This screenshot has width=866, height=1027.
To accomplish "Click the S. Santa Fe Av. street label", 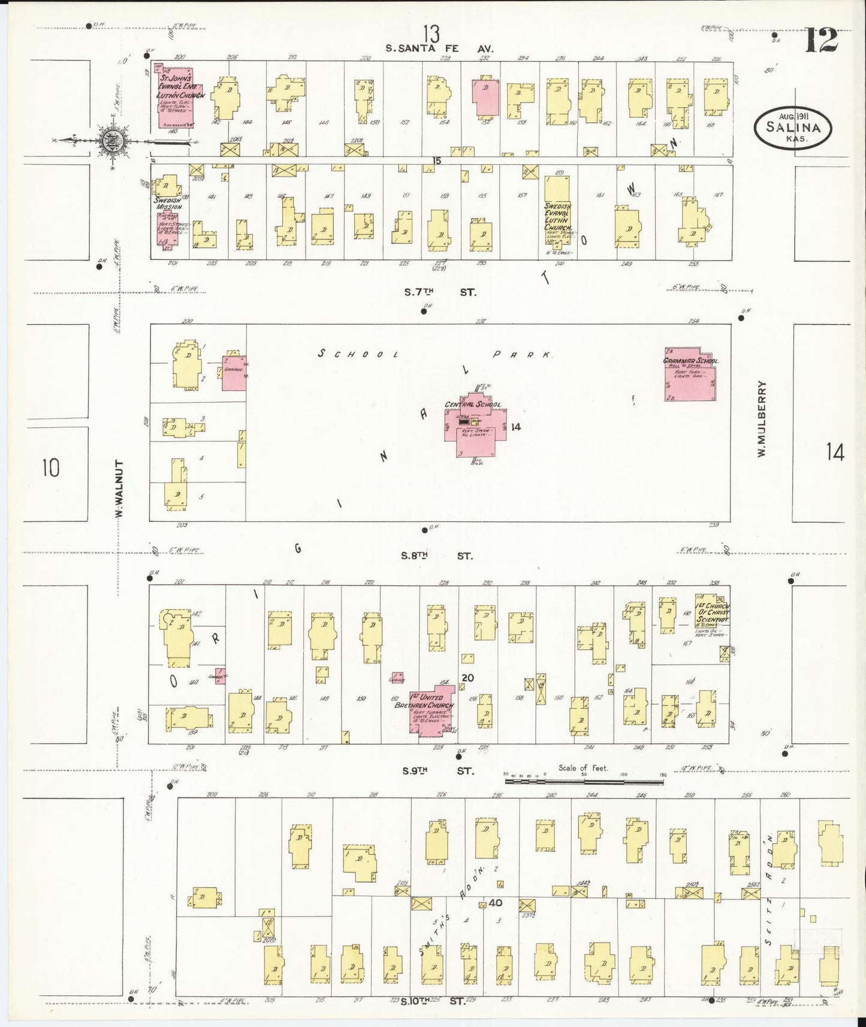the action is [x=440, y=49].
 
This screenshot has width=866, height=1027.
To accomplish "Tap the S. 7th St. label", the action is [x=440, y=292].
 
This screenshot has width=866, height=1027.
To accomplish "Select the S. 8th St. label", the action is [x=436, y=555].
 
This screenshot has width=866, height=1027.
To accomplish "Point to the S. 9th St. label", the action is [x=437, y=771].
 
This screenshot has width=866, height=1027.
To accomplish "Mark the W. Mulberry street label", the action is [x=762, y=419].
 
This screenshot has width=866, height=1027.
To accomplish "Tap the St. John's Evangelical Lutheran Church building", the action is [x=174, y=96].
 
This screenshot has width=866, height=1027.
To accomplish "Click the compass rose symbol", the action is [x=112, y=141].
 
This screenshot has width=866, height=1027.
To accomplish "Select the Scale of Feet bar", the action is [x=584, y=781].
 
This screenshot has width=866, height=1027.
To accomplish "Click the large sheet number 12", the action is [x=820, y=41].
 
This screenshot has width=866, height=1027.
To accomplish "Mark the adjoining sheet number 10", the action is [x=52, y=467].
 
